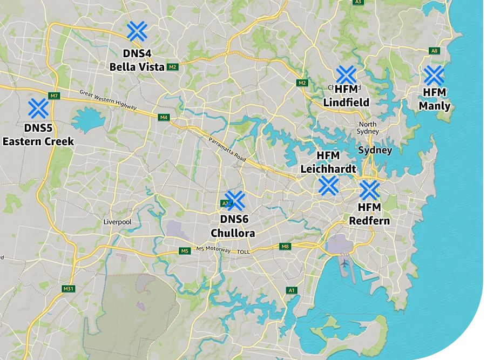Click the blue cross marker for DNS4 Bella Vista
[x=137, y=31]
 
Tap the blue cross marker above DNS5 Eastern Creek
[x=38, y=108]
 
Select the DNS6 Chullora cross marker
[x=235, y=200]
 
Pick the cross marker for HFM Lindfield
[x=346, y=76]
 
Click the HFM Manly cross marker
[x=434, y=76]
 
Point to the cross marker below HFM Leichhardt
[x=328, y=185]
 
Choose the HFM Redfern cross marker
[x=369, y=190]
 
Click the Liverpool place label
[x=117, y=222]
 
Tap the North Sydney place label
[x=368, y=128]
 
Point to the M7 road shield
[x=53, y=96]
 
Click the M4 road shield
[x=164, y=117]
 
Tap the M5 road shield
[x=185, y=251]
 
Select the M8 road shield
[x=285, y=246]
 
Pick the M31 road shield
[x=68, y=289]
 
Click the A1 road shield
[x=292, y=290]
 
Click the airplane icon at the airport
[x=344, y=263]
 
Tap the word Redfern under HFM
[x=369, y=221]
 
